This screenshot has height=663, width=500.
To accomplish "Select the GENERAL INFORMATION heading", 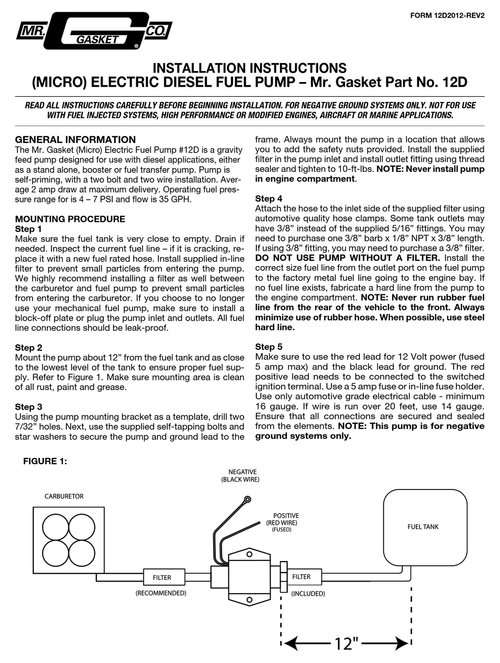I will coord(75,140).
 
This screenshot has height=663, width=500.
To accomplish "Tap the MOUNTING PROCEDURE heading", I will coord(70,219).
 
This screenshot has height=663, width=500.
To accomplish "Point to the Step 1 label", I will coord(28,229).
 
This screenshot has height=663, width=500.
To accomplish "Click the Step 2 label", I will coord(28,348).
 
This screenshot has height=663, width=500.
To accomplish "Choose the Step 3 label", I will coord(28,407).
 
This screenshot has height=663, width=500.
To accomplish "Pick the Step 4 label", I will coord(269,199).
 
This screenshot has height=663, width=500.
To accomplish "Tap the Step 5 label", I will coord(269,347).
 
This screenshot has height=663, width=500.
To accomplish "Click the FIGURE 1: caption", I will coord(45,461).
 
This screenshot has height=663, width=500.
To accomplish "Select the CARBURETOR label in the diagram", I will coord(63,496).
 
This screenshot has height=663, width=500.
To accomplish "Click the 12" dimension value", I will coord(346,643).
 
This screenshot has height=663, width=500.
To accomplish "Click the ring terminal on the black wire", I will coord(247,499).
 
